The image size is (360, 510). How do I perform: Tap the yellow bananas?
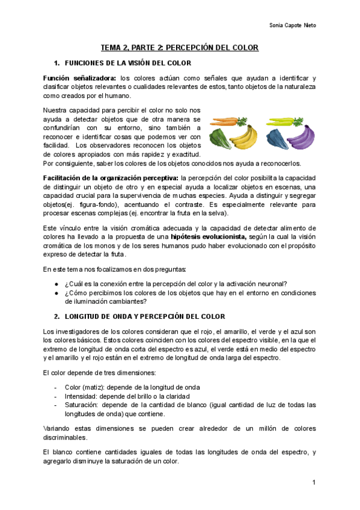241,138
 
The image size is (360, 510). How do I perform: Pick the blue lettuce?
275,137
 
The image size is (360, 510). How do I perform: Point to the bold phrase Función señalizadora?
80,78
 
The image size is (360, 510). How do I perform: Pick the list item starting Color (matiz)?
132,387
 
